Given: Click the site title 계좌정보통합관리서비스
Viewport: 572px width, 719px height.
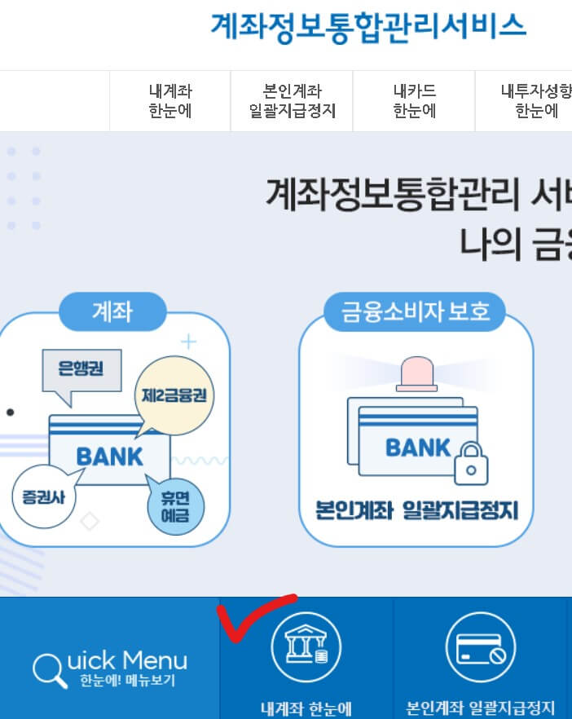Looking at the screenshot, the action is click(x=368, y=26).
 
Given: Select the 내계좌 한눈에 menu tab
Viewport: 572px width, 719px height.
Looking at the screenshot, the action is click(x=170, y=101).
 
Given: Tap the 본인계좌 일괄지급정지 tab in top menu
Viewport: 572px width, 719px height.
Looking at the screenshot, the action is click(x=293, y=101).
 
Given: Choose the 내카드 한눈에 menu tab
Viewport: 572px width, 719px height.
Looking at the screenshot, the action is click(x=414, y=101).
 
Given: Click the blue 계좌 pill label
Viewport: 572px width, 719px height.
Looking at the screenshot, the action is click(x=112, y=311).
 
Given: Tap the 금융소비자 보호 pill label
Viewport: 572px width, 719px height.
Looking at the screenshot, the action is click(x=414, y=311).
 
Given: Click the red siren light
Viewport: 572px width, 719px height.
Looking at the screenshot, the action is click(x=416, y=374).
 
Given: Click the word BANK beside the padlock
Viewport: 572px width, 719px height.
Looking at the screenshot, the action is click(x=417, y=448).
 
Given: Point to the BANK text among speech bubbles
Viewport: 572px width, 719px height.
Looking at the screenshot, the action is click(x=109, y=455).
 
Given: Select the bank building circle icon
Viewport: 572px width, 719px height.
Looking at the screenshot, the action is click(x=306, y=647).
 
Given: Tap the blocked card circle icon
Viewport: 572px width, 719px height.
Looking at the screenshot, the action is click(x=480, y=647).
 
